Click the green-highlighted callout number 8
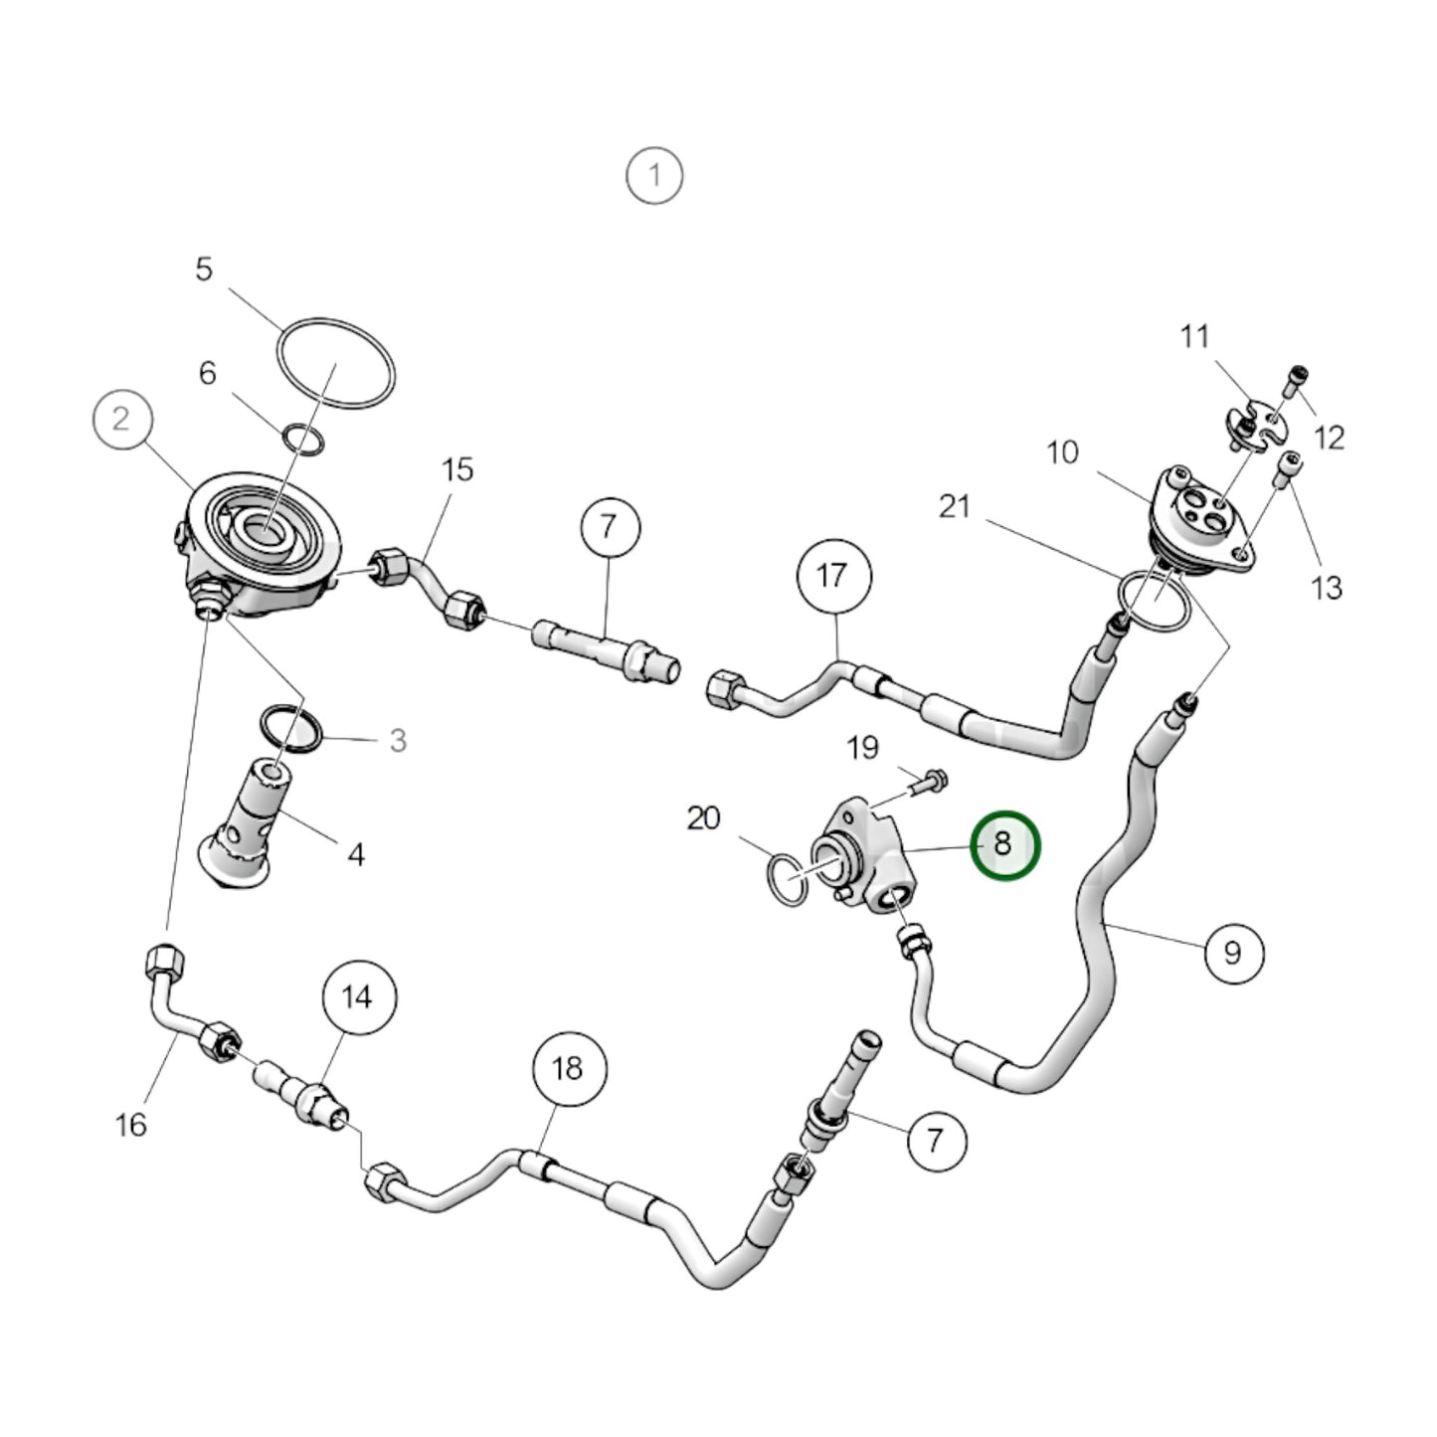click(x=1003, y=844)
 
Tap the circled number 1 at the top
click(x=654, y=176)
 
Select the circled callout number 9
click(x=1233, y=953)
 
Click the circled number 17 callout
click(x=834, y=575)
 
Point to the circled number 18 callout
click(x=568, y=1069)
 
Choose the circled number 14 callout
click(x=358, y=996)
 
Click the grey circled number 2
click(x=120, y=419)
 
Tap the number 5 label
click(x=204, y=269)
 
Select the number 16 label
click(x=130, y=1125)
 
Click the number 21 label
click(x=955, y=507)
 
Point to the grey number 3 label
click(x=398, y=740)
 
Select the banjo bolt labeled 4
click(x=244, y=820)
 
